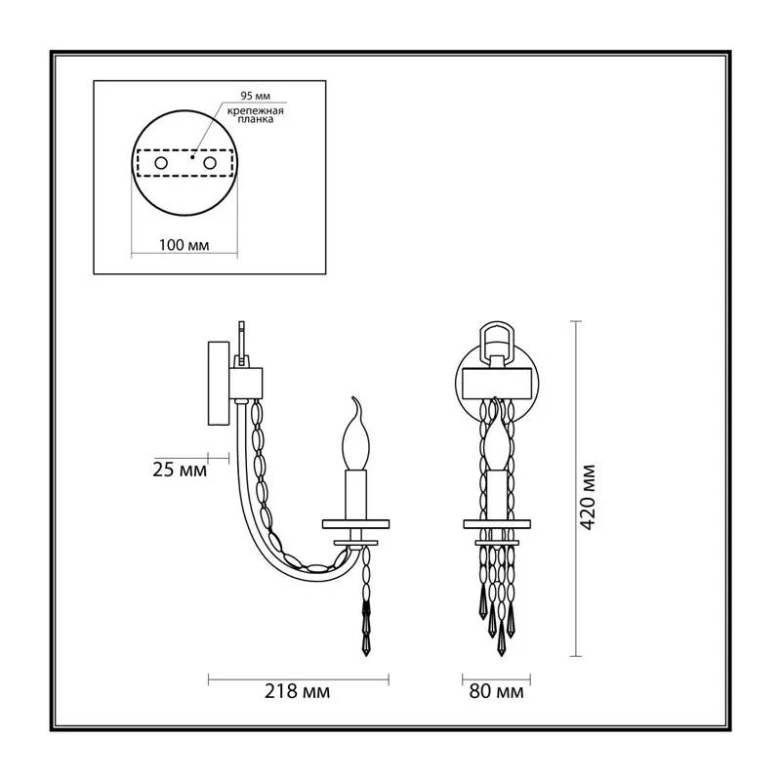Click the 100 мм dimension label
(184, 245)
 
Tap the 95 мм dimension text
(256, 96)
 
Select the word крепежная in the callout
(256, 111)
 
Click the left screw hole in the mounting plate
(161, 163)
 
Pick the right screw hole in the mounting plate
(210, 163)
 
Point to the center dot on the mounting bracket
(191, 157)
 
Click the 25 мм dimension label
(180, 471)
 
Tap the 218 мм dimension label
(297, 691)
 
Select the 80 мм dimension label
(496, 691)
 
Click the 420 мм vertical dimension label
(589, 497)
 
